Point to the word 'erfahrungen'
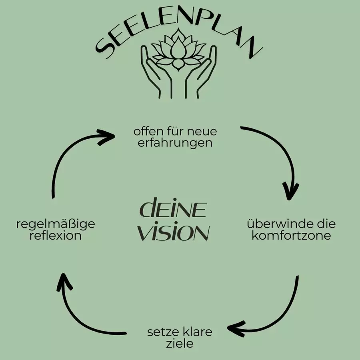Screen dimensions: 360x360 (175, 143)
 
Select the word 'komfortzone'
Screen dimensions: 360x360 (291, 235)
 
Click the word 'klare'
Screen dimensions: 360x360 (198, 332)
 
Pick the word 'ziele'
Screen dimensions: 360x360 (180, 344)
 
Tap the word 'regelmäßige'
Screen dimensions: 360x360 (56, 224)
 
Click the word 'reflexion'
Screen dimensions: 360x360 (56, 235)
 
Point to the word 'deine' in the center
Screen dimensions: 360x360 (173, 207)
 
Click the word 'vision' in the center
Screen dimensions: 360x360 (174, 231)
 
